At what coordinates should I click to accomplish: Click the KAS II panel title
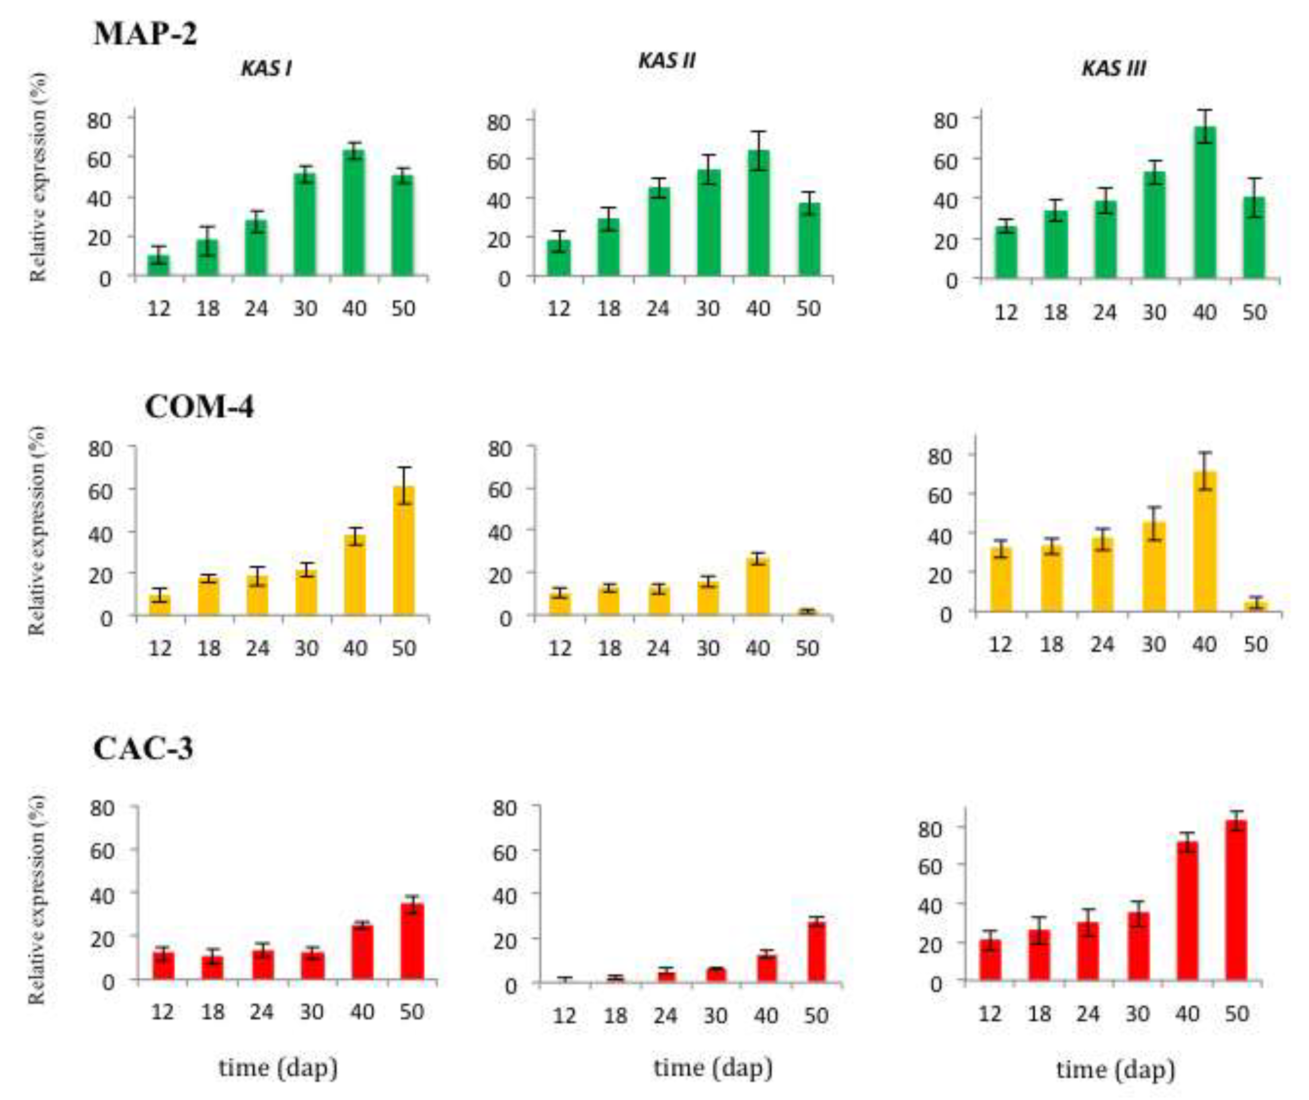coord(666,61)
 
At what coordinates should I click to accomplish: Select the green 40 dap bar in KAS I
coord(354,212)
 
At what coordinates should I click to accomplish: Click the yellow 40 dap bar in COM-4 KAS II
coord(758,586)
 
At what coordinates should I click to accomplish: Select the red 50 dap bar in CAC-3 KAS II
coord(817,952)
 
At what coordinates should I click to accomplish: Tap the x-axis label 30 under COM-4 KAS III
coord(1153,644)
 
